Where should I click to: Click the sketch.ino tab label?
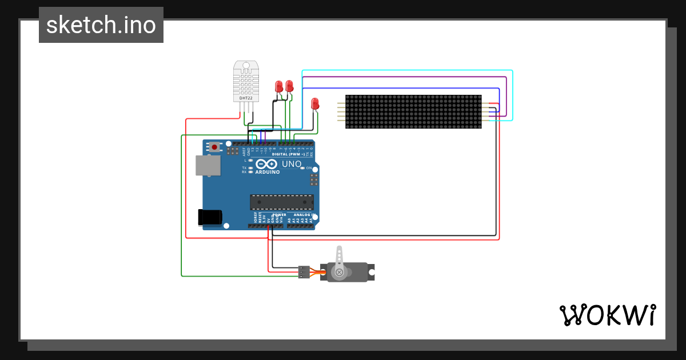tap(101, 25)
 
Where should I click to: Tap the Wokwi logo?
tap(607, 315)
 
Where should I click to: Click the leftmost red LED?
tap(278, 86)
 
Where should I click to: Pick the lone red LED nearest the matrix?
tap(314, 103)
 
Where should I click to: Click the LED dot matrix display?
tap(413, 112)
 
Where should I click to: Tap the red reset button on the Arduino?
tap(214, 147)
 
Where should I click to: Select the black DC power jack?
tap(209, 217)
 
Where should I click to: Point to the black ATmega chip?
tap(282, 202)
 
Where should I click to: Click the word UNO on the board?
tap(292, 164)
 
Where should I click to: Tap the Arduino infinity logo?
tap(266, 164)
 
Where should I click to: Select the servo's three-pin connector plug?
tap(304, 272)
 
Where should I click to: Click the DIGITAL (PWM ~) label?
tap(288, 154)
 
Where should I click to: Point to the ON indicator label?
tap(309, 168)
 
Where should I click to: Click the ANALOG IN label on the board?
tap(304, 215)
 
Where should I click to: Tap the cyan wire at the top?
tap(406, 70)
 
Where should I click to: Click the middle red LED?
tap(289, 86)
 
